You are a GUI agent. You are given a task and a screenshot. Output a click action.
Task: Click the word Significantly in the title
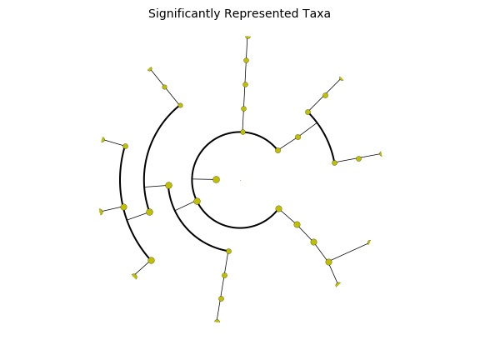click(185, 14)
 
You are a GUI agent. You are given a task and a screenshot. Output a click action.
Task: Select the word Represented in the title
click(261, 14)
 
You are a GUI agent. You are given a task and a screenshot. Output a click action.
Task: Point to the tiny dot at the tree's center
click(240, 180)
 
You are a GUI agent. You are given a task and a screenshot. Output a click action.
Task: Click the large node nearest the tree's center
click(216, 180)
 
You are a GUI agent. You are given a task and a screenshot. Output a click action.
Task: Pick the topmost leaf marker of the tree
click(248, 37)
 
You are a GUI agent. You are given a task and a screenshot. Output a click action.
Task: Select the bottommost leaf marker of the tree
click(217, 321)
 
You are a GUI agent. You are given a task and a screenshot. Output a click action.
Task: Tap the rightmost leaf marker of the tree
click(381, 154)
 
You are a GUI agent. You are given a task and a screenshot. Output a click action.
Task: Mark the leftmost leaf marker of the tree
click(101, 212)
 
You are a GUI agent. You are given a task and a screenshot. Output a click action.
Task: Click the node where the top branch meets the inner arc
click(242, 132)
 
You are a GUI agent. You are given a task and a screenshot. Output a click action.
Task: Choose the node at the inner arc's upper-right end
click(277, 150)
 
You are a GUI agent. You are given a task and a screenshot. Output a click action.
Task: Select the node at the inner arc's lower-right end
click(278, 209)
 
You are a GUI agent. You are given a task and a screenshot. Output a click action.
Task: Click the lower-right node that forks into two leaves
click(328, 262)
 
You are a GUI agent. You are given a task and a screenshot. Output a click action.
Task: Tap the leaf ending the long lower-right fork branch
click(369, 242)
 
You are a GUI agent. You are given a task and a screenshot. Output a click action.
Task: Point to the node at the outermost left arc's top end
click(125, 147)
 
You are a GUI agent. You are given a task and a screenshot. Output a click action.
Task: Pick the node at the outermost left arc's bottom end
click(151, 261)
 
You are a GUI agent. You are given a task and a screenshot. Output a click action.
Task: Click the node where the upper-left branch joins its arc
click(180, 105)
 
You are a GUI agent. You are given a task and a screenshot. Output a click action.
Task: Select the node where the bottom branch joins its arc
click(228, 252)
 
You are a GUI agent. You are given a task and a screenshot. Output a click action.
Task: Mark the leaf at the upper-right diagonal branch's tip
click(342, 79)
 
